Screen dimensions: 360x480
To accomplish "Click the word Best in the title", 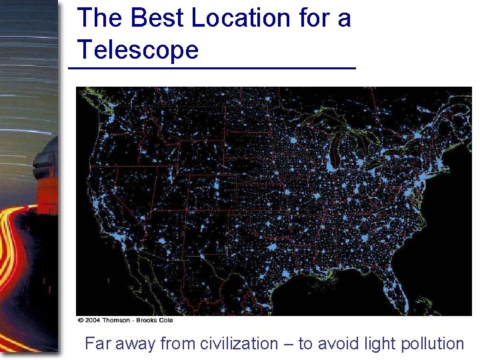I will click(x=157, y=19).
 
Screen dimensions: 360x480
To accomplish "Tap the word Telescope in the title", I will click(x=138, y=50).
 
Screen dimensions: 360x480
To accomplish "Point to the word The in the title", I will click(x=100, y=19).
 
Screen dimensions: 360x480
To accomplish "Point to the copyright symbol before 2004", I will click(x=80, y=320).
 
